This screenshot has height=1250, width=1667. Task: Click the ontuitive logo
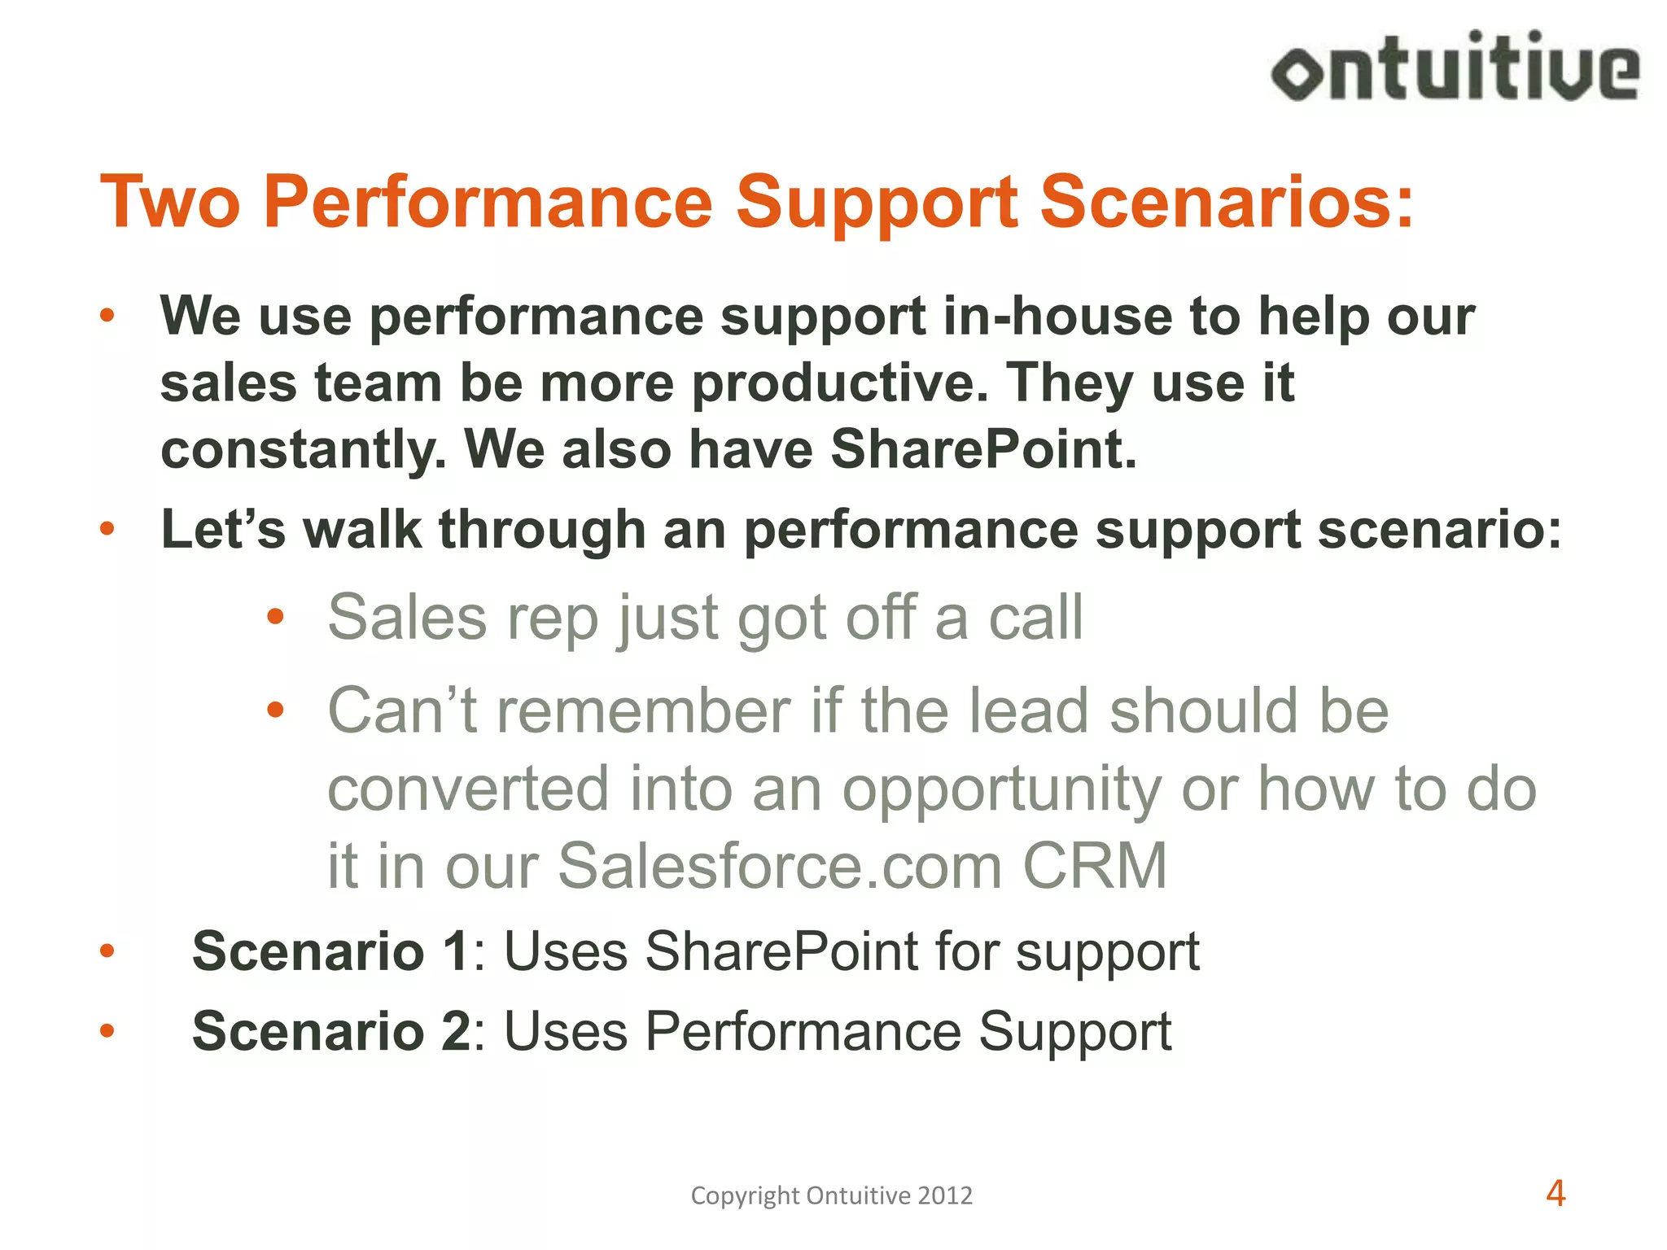pos(1455,68)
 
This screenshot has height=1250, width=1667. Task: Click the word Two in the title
pos(170,202)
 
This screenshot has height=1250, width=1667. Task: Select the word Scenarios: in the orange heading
pos(1227,202)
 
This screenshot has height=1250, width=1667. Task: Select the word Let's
pos(223,530)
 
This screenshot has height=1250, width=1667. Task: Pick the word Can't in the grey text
pos(402,710)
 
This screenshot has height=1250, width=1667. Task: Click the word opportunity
pos(1002,790)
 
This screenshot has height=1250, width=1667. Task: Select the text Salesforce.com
pos(780,866)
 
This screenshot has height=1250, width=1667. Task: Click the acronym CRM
pos(1095,866)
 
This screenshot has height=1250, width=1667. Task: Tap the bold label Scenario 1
pos(330,951)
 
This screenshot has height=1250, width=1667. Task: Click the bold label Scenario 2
pos(330,1031)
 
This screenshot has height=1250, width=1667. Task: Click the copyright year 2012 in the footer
pos(945,1195)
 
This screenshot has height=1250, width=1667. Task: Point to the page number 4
pos(1555,1194)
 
